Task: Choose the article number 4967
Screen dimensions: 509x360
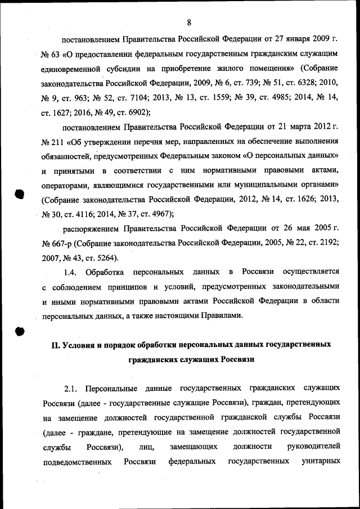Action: tap(159, 214)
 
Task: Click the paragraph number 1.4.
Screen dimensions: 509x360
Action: tap(70, 273)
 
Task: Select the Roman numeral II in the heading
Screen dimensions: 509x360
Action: tap(56, 345)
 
